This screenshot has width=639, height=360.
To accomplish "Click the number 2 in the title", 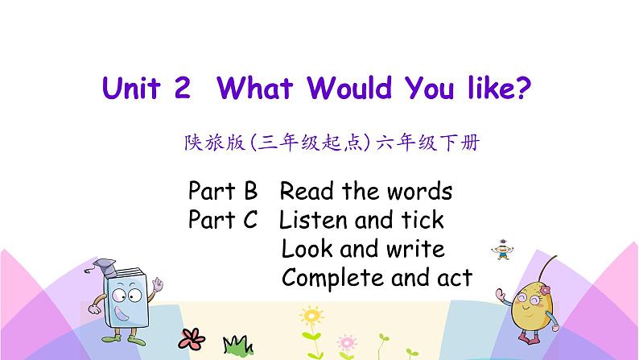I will [x=181, y=88].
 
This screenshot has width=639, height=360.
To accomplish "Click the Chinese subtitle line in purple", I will [x=331, y=143].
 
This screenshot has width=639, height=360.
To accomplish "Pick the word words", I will [x=418, y=192].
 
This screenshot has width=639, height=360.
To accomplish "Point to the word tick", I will [x=421, y=219].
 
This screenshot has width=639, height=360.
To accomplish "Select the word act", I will [x=453, y=278].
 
